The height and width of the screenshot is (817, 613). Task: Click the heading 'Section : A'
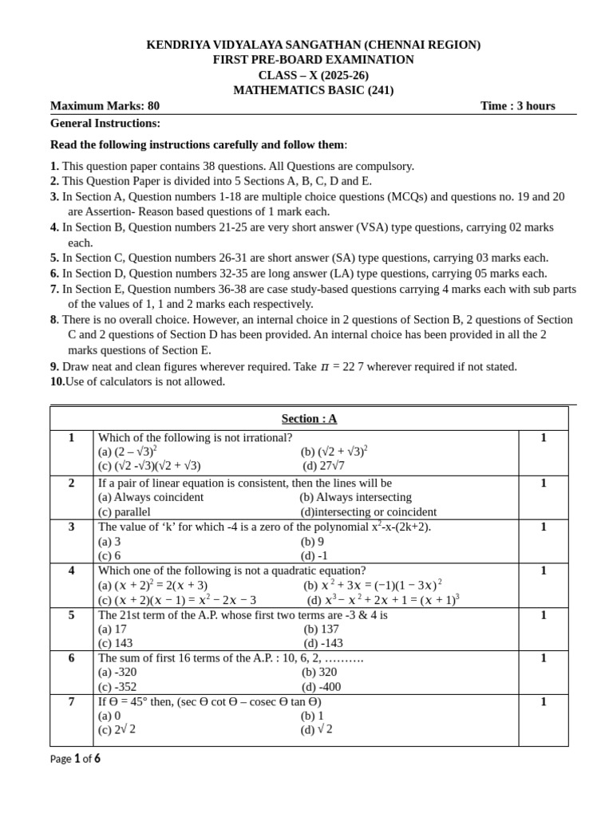point(309,419)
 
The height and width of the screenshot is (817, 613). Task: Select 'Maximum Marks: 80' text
point(105,106)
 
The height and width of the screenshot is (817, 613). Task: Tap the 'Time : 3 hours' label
point(517,106)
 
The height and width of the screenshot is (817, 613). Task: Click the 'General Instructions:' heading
point(105,123)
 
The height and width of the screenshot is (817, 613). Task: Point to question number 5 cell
point(71,615)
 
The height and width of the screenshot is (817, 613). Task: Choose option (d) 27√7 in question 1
point(323,466)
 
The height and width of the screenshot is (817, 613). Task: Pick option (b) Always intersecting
point(355,497)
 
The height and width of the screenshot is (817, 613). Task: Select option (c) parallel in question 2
point(124,512)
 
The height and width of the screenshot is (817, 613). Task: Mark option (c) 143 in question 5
point(116,643)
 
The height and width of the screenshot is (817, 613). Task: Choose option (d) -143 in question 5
point(323,643)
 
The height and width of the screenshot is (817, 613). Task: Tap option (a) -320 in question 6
point(117,672)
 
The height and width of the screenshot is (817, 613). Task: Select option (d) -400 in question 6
point(321,687)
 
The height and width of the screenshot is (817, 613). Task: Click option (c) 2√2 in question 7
point(117,729)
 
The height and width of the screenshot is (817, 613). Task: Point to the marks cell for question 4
point(543,570)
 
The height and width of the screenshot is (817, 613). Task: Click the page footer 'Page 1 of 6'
point(75,759)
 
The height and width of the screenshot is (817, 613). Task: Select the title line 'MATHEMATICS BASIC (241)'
point(313,90)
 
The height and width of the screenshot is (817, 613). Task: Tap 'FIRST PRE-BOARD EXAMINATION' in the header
point(313,60)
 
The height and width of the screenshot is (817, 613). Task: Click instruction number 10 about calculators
point(137,381)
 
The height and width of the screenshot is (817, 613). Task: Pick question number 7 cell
point(71,702)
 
